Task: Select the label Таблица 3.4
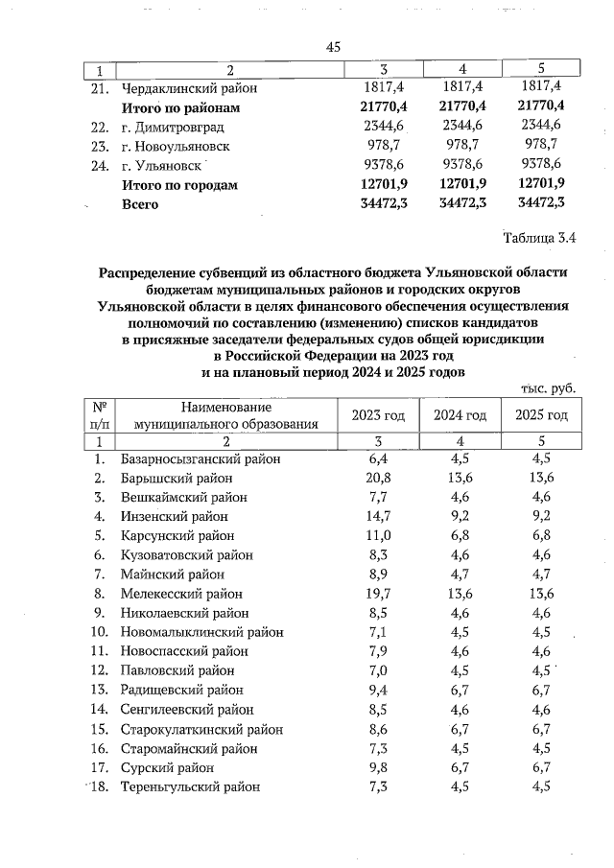(541, 238)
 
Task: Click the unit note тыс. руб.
(548, 389)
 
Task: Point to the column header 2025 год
(541, 415)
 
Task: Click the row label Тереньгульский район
(190, 786)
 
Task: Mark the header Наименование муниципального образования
(225, 415)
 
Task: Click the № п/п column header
(99, 415)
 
